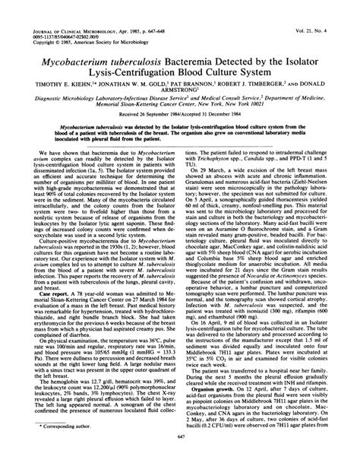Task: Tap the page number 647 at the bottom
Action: click(180, 458)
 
